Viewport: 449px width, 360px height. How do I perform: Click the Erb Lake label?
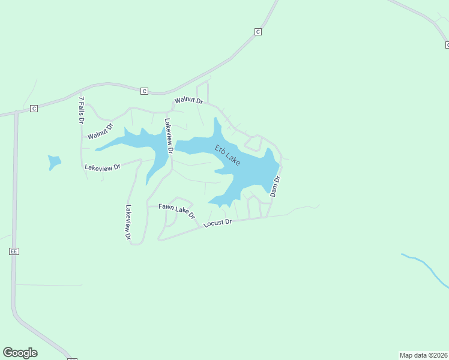click(228, 155)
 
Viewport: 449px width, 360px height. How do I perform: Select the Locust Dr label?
click(217, 223)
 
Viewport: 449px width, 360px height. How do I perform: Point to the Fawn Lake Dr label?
click(177, 210)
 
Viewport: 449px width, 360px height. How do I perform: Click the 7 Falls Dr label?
click(81, 109)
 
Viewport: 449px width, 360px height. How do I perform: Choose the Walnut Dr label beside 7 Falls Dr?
click(100, 132)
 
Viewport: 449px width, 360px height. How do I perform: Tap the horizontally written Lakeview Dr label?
click(103, 167)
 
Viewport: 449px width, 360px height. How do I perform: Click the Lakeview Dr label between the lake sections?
click(169, 136)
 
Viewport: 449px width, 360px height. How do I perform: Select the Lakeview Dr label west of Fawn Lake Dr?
click(128, 223)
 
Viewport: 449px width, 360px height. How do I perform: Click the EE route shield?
click(13, 251)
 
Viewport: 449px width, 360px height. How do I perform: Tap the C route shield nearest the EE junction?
click(34, 109)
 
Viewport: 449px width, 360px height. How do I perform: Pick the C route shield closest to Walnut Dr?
click(144, 91)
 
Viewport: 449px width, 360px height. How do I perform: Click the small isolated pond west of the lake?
click(54, 162)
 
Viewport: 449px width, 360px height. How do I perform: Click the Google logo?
click(20, 353)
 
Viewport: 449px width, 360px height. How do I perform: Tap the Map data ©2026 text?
click(423, 355)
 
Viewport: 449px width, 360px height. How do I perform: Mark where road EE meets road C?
click(15, 112)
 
